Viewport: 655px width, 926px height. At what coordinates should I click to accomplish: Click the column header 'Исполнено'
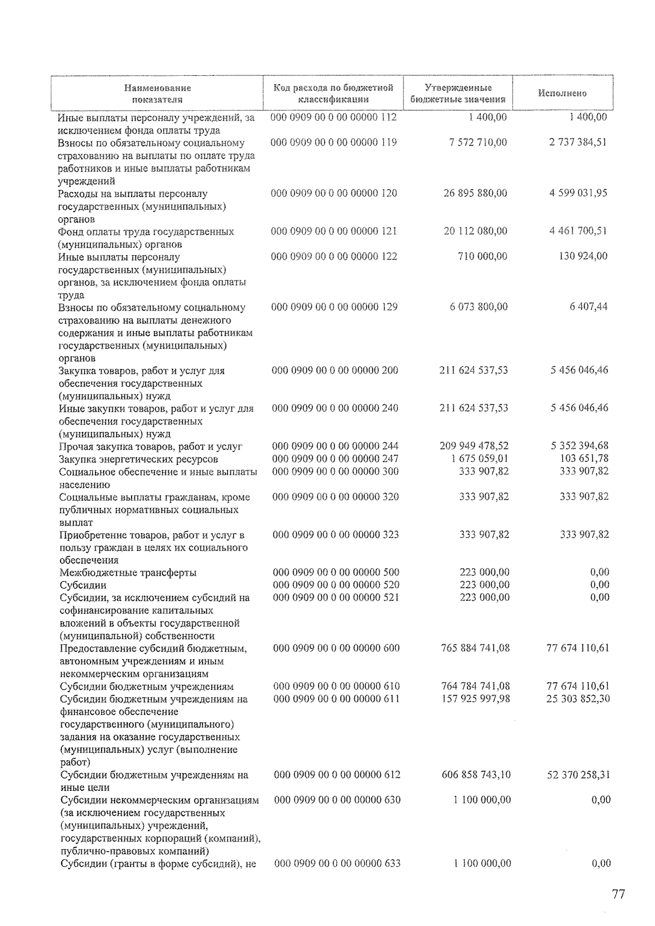coord(562,93)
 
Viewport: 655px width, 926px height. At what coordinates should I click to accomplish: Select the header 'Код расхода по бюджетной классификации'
coord(334,93)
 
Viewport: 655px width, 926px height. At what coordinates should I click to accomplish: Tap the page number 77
coord(618,894)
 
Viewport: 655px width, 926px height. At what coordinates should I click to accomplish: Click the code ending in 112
coord(334,117)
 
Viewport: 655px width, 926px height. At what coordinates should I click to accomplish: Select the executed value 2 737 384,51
coord(578,142)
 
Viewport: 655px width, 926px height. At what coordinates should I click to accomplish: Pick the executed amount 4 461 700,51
coord(578,231)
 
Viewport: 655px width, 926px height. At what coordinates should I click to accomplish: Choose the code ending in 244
coord(335,446)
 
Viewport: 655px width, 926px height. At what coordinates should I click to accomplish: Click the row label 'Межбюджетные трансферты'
coord(128,572)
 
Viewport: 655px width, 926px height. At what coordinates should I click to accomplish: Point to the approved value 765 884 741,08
coord(475,648)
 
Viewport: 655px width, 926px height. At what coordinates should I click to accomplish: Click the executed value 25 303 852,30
coord(578,699)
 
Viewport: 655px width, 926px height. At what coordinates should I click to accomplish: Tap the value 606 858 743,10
coord(476,775)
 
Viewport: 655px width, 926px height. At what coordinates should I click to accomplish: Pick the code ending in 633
coord(337,863)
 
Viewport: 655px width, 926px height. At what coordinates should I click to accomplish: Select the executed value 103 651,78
coord(584,458)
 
